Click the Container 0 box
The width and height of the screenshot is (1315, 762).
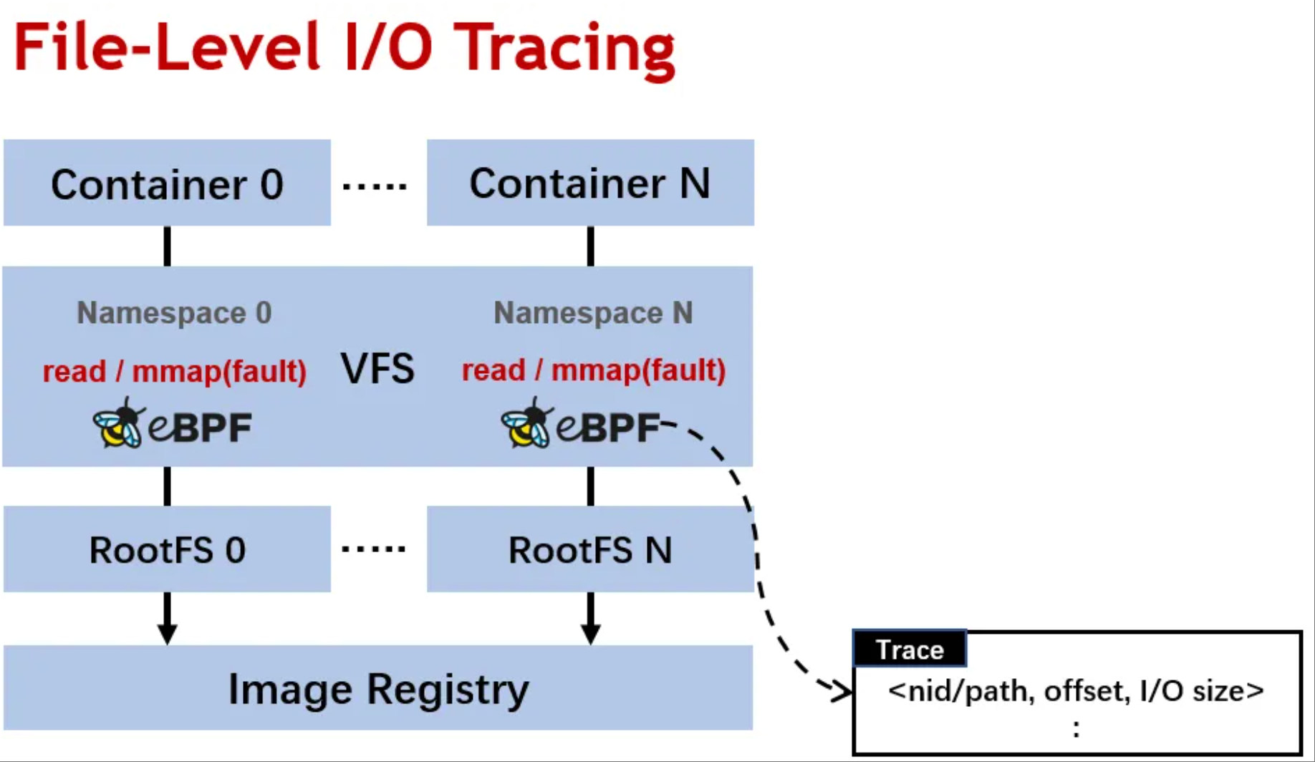(x=167, y=183)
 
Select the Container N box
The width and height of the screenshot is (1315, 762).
(x=590, y=183)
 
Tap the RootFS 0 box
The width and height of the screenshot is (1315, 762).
(x=167, y=549)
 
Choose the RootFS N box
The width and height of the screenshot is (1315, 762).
(x=590, y=549)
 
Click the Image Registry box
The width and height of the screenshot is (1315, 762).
(x=378, y=688)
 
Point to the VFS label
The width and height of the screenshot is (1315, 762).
(x=377, y=369)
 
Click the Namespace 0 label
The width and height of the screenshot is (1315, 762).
(x=174, y=313)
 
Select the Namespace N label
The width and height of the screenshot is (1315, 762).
(x=593, y=313)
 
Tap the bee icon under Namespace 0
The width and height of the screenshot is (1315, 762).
(x=118, y=425)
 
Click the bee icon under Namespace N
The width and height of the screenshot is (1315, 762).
(x=527, y=425)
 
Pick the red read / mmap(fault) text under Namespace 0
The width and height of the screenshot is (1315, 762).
(x=174, y=371)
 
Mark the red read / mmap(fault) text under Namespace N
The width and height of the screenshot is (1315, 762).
(x=593, y=370)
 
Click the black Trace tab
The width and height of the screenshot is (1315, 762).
(x=910, y=650)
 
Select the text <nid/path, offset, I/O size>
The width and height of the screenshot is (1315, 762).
(x=1076, y=690)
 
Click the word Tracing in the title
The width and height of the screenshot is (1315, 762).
(x=564, y=49)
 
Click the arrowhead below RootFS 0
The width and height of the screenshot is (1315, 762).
(x=167, y=633)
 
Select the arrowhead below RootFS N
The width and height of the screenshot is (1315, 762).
(x=590, y=633)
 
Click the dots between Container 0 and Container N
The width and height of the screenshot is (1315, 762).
(x=375, y=186)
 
